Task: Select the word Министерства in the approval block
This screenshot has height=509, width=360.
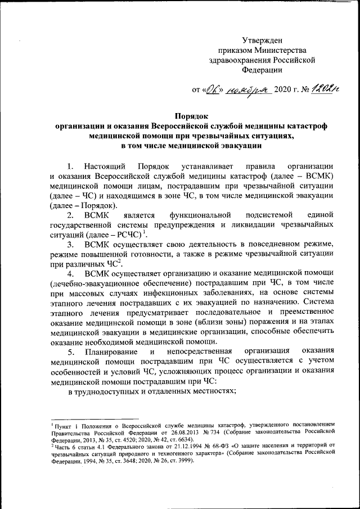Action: pos(278,50)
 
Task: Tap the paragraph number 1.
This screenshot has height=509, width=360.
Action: pos(70,166)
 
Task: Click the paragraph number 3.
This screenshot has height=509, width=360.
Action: pos(70,245)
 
